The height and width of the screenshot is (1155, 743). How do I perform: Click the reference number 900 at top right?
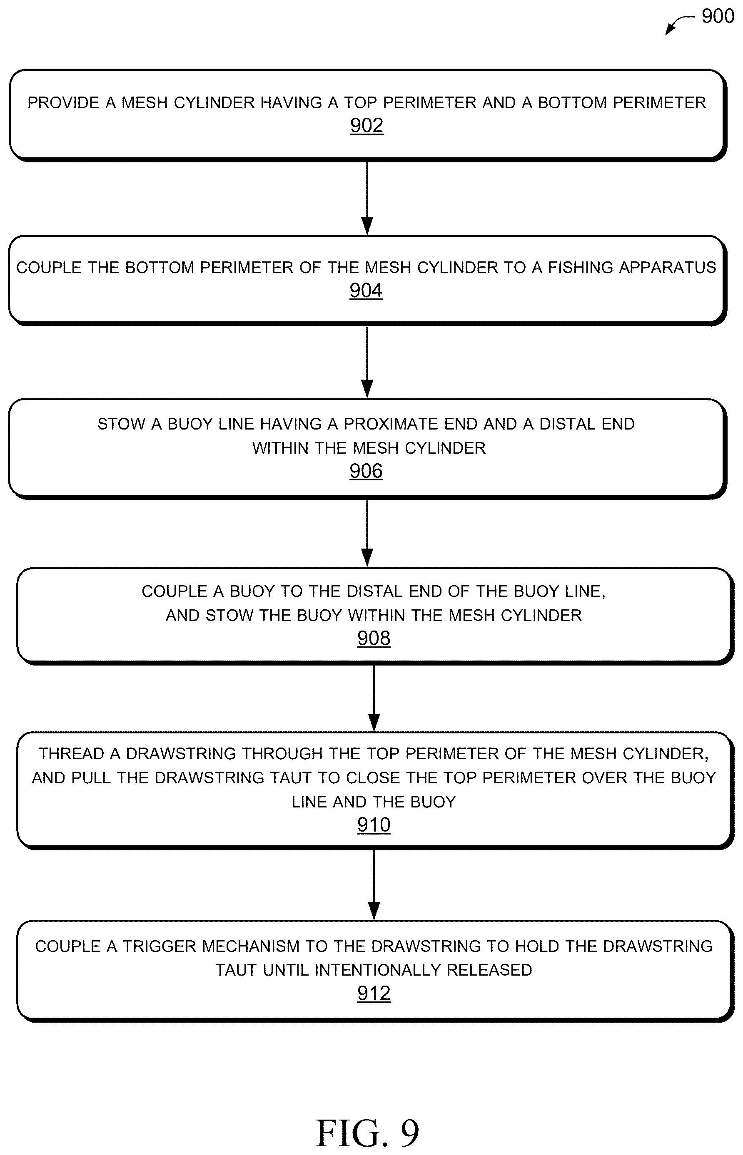click(718, 16)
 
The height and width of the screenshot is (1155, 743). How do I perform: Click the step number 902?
click(367, 125)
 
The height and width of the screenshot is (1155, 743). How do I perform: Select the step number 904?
click(366, 290)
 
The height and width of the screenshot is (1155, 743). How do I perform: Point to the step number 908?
click(374, 638)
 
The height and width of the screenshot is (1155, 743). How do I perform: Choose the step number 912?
click(374, 993)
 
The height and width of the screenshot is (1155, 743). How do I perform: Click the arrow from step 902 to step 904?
click(367, 198)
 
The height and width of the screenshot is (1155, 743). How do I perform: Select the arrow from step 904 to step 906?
click(367, 362)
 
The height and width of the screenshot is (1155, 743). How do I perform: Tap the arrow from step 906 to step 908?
click(367, 533)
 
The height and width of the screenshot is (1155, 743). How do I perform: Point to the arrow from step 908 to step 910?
click(374, 698)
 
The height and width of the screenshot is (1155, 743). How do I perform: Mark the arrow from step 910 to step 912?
click(374, 884)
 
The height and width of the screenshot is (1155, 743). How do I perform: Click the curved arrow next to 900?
click(679, 24)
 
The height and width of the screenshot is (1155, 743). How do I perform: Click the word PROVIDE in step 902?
click(63, 103)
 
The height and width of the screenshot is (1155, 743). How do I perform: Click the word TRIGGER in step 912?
click(160, 946)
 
